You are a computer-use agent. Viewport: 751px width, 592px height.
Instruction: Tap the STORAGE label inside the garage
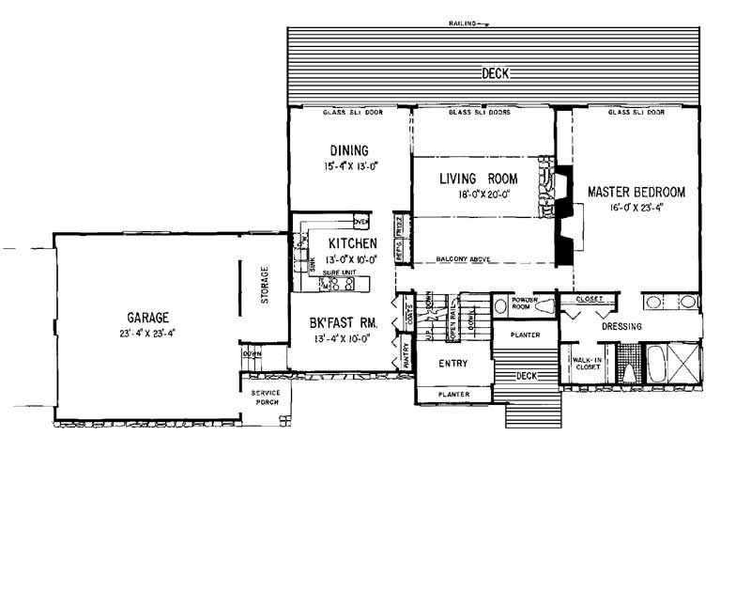click(265, 289)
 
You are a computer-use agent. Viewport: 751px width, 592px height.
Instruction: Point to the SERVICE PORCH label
click(266, 398)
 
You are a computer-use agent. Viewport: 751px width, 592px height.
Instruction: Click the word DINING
click(347, 150)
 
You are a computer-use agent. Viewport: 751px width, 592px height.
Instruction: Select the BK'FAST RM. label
click(343, 323)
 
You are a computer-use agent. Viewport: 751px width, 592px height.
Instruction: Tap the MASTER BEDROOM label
click(636, 192)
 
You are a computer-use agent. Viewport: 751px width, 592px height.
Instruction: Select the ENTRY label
click(452, 363)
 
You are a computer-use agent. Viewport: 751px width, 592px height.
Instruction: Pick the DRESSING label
click(621, 327)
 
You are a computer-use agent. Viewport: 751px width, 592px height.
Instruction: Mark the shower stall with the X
click(684, 363)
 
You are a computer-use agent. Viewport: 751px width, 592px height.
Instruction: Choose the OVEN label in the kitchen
click(360, 222)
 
